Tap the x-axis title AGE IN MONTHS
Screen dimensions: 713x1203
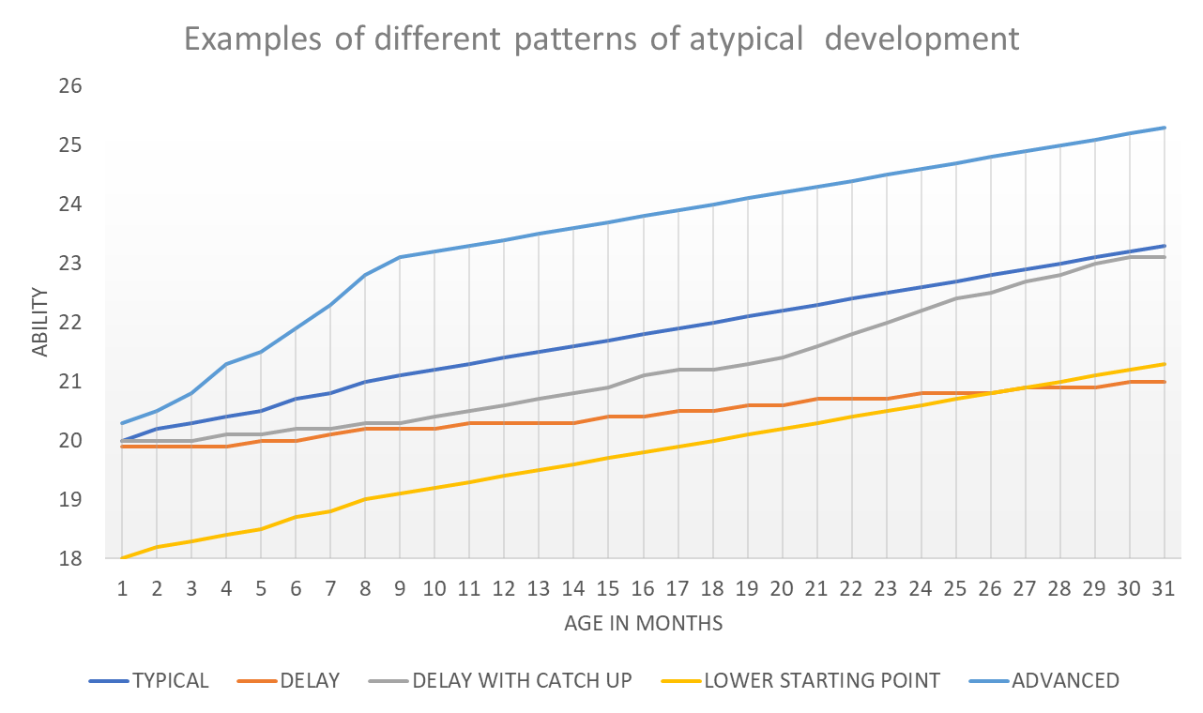[x=643, y=622]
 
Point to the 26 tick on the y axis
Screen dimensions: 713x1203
[x=71, y=86]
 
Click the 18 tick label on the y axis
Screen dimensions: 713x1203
[x=71, y=559]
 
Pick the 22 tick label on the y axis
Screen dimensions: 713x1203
[x=71, y=323]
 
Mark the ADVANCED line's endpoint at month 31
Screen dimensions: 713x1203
[x=1165, y=128]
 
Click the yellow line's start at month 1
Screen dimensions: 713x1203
[x=122, y=559]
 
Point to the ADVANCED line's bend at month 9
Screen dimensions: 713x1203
[x=400, y=257]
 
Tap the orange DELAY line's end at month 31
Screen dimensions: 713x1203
[x=1165, y=382]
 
